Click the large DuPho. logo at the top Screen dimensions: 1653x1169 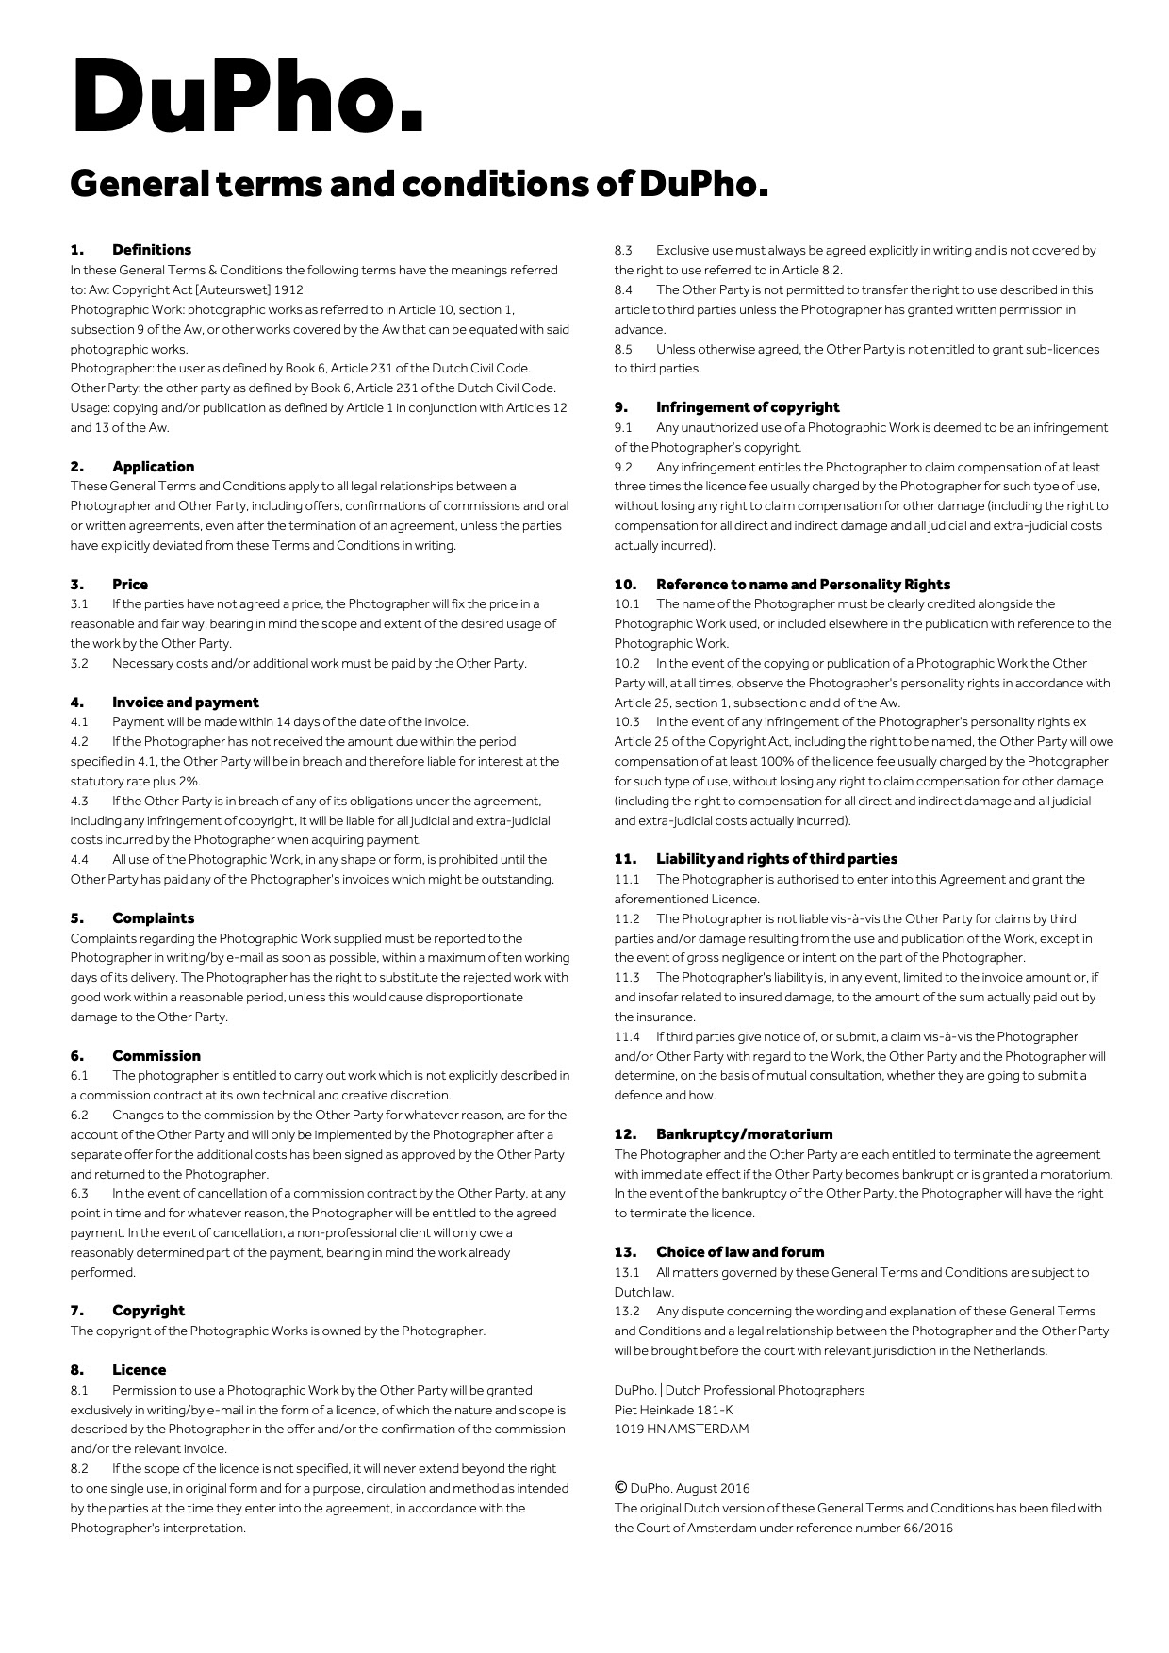click(x=247, y=96)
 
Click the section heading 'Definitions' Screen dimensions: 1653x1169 click(x=151, y=250)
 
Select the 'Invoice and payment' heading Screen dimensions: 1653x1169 click(x=185, y=703)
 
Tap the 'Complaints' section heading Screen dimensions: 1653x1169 click(x=153, y=918)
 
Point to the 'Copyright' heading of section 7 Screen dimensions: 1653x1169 click(x=148, y=1311)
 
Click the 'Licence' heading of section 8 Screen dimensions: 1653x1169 click(x=139, y=1370)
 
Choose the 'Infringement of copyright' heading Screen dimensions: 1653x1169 click(x=748, y=407)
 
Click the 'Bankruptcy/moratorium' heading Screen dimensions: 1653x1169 click(x=744, y=1134)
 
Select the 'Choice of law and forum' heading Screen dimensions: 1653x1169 click(x=740, y=1252)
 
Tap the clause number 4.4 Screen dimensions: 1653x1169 click(x=79, y=860)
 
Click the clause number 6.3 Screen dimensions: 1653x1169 click(x=79, y=1194)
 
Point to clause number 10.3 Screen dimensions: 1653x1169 click(x=627, y=722)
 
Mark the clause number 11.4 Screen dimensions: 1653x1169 click(x=627, y=1037)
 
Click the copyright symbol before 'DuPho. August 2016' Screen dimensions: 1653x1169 click(x=620, y=1488)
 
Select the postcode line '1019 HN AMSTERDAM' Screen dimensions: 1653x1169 click(x=682, y=1430)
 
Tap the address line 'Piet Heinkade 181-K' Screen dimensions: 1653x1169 click(x=673, y=1410)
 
